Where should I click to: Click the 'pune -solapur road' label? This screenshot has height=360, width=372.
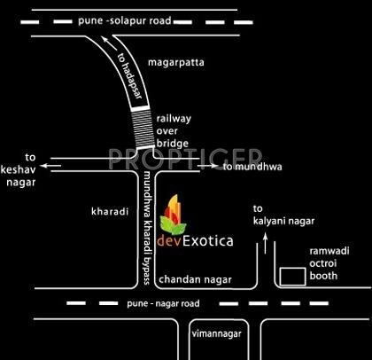pos(125,21)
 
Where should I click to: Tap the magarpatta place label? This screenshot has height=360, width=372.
pos(176,63)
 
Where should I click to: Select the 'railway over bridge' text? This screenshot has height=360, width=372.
pos(174,131)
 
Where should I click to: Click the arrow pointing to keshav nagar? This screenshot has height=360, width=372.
pos(50,166)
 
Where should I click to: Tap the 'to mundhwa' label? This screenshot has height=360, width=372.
pos(252,167)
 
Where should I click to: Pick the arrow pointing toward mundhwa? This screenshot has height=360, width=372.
pos(207,166)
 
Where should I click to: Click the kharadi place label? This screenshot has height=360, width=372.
pos(110,212)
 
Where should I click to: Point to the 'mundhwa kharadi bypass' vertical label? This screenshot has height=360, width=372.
pos(147,229)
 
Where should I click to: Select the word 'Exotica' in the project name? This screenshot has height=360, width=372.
pos(208,241)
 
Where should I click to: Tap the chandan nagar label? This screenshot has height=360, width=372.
pos(195,279)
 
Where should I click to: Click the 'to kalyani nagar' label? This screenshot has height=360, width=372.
pos(283,215)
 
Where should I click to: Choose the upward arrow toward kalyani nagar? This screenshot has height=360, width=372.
pos(266,243)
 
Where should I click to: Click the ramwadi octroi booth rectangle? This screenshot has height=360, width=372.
pos(292,277)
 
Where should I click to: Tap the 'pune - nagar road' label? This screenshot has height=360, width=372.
pos(163,303)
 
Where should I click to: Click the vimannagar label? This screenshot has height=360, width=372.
pos(217,334)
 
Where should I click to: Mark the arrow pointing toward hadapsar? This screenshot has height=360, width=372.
pos(109,43)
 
